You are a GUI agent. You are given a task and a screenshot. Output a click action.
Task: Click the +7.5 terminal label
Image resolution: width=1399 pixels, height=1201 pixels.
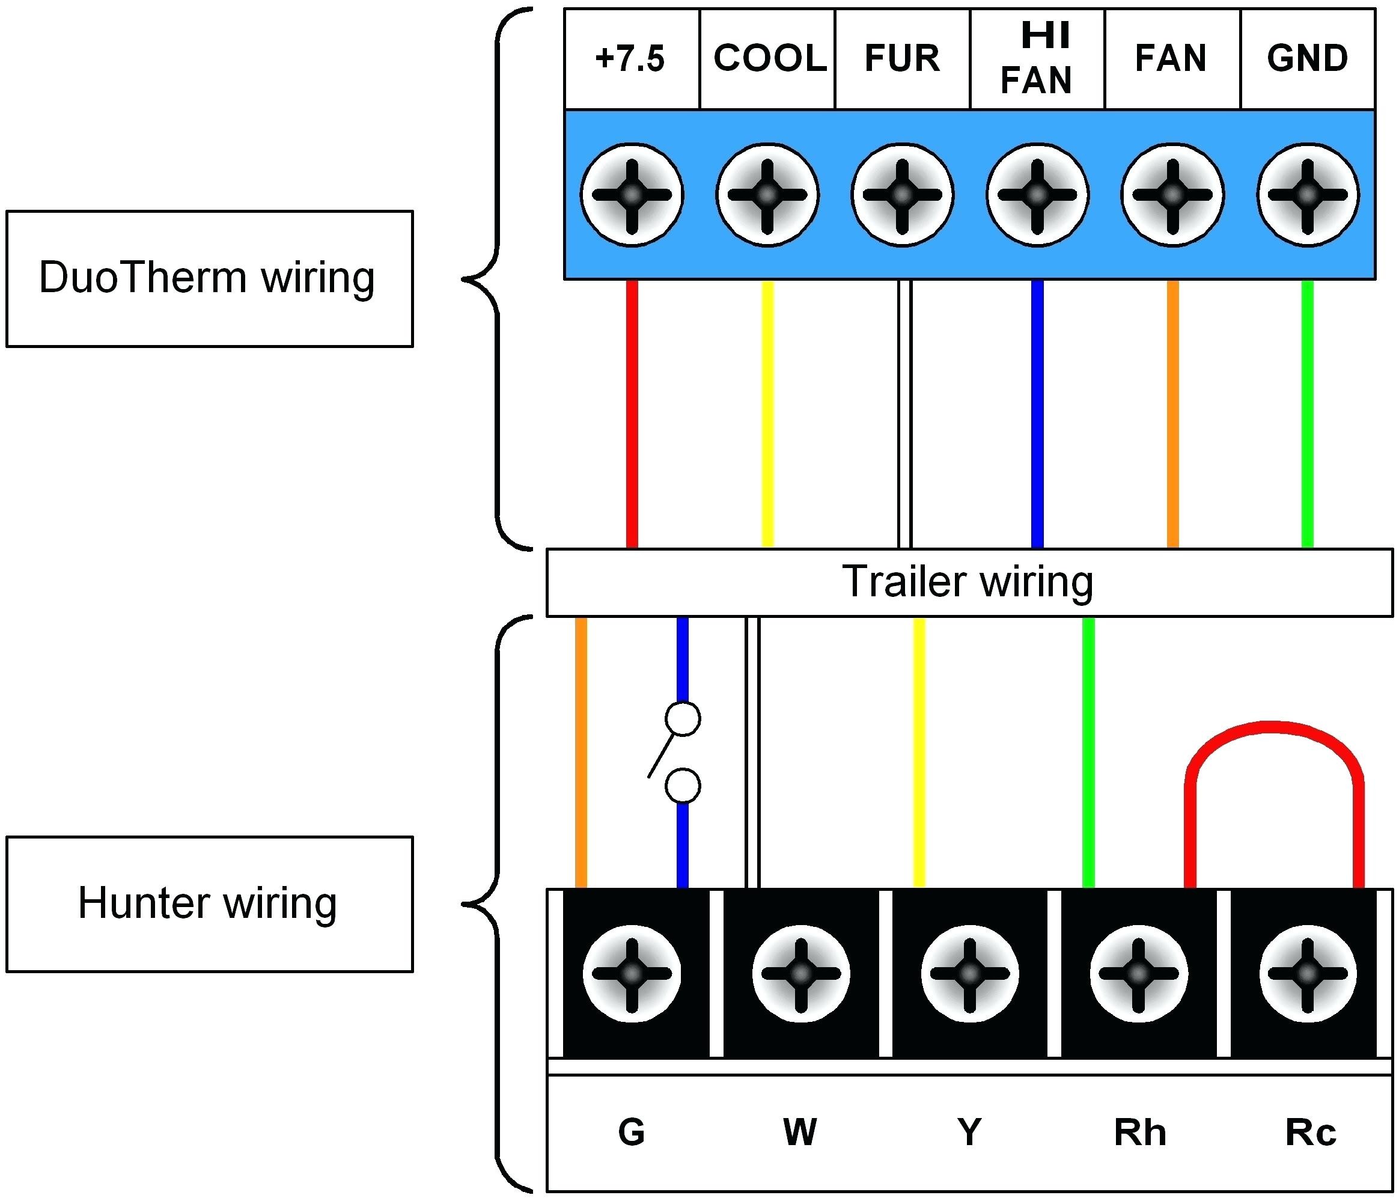[x=630, y=59]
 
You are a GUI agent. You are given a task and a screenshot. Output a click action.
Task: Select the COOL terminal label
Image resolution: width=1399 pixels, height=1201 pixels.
[x=770, y=58]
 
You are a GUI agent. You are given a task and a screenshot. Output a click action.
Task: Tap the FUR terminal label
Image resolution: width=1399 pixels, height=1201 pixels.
[x=902, y=58]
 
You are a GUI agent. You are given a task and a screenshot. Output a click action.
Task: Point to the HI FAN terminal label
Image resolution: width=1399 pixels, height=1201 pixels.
[x=1037, y=58]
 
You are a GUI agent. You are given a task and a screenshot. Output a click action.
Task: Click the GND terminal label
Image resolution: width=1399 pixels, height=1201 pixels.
[x=1307, y=58]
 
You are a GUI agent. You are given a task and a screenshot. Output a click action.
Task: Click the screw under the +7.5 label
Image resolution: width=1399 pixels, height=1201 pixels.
[x=632, y=195]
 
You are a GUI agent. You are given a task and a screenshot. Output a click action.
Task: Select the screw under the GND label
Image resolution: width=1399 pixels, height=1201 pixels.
[x=1307, y=195]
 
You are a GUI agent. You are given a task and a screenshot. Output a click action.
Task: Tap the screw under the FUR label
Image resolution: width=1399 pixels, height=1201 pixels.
[x=903, y=195]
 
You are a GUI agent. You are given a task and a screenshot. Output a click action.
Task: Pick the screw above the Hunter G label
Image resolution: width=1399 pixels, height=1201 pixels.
[x=632, y=974]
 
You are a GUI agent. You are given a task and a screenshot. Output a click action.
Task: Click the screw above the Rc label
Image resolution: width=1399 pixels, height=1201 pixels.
[x=1307, y=974]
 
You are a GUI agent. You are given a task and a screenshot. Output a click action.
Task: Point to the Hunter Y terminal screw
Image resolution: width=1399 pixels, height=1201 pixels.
[x=969, y=974]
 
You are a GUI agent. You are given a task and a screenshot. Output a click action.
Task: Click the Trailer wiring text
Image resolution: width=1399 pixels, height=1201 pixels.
[x=968, y=582]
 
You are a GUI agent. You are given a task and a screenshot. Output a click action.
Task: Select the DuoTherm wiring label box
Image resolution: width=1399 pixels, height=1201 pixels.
[x=209, y=279]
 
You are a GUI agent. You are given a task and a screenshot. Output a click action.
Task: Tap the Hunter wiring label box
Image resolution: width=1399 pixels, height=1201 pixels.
[x=209, y=905]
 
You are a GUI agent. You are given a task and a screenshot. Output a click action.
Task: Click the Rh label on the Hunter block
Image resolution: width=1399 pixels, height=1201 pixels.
[x=1140, y=1133]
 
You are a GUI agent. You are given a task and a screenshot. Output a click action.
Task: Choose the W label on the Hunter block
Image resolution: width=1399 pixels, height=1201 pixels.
[x=800, y=1133]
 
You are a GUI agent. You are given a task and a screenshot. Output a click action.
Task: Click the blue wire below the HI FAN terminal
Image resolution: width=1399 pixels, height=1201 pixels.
[x=1038, y=414]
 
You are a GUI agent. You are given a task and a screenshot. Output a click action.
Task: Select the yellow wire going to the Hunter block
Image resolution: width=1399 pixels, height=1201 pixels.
[x=919, y=753]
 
